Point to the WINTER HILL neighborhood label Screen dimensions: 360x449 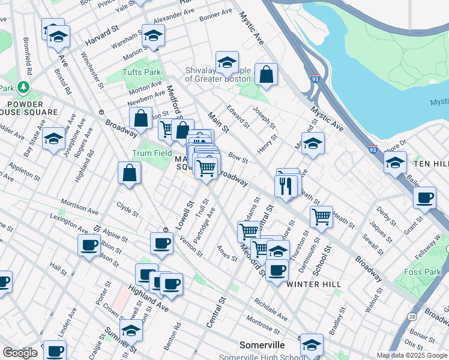(x=314, y=284)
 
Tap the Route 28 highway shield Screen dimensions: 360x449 (x=411, y=316)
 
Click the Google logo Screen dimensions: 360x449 (x=20, y=353)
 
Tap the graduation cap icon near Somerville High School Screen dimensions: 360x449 (x=312, y=345)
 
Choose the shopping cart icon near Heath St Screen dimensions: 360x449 (x=322, y=217)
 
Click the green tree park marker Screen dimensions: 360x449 (x=23, y=88)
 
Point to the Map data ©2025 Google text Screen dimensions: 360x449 (x=412, y=355)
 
